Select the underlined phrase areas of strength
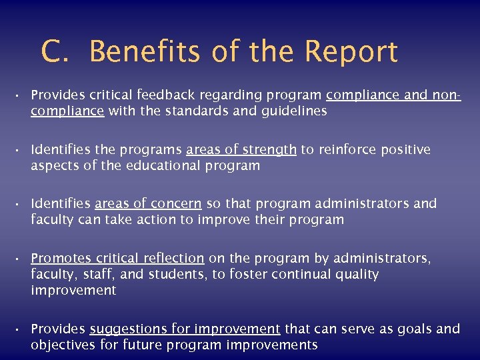point(241,150)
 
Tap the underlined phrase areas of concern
point(148,204)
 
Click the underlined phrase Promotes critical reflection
point(117,258)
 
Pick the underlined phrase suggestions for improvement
point(185,329)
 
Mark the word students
point(181,274)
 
